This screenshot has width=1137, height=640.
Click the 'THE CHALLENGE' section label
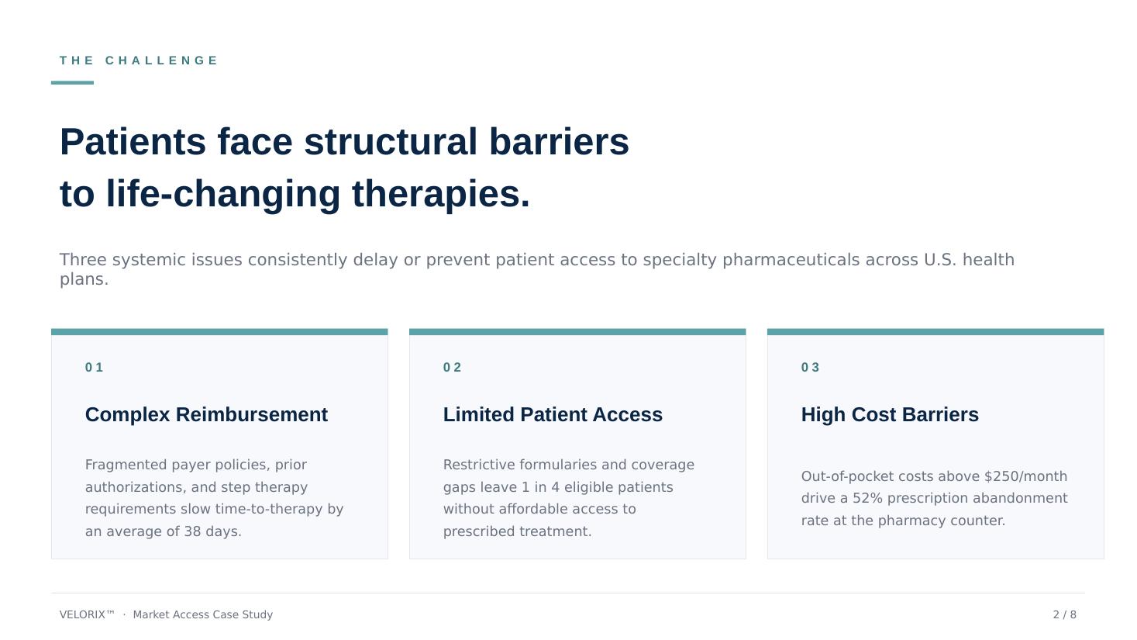click(138, 61)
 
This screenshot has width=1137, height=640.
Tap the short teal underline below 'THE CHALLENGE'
click(72, 82)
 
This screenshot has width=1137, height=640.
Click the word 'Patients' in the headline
click(133, 141)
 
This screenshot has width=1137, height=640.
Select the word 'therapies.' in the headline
click(440, 194)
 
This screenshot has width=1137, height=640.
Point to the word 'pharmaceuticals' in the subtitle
click(791, 260)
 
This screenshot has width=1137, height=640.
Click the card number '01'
click(95, 367)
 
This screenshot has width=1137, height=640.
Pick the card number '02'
click(453, 367)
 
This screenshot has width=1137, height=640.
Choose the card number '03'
click(810, 367)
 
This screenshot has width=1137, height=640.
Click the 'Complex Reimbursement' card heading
click(206, 414)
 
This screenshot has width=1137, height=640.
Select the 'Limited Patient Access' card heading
click(553, 414)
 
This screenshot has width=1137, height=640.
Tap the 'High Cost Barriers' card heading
click(890, 414)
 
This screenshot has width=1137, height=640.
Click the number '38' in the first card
click(192, 531)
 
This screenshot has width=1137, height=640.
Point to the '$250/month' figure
click(1026, 476)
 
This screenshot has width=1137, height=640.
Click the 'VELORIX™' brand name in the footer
click(87, 614)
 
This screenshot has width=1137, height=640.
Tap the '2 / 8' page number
click(1064, 614)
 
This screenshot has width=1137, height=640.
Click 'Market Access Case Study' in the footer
click(202, 614)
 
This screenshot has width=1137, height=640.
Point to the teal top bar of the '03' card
click(935, 332)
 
